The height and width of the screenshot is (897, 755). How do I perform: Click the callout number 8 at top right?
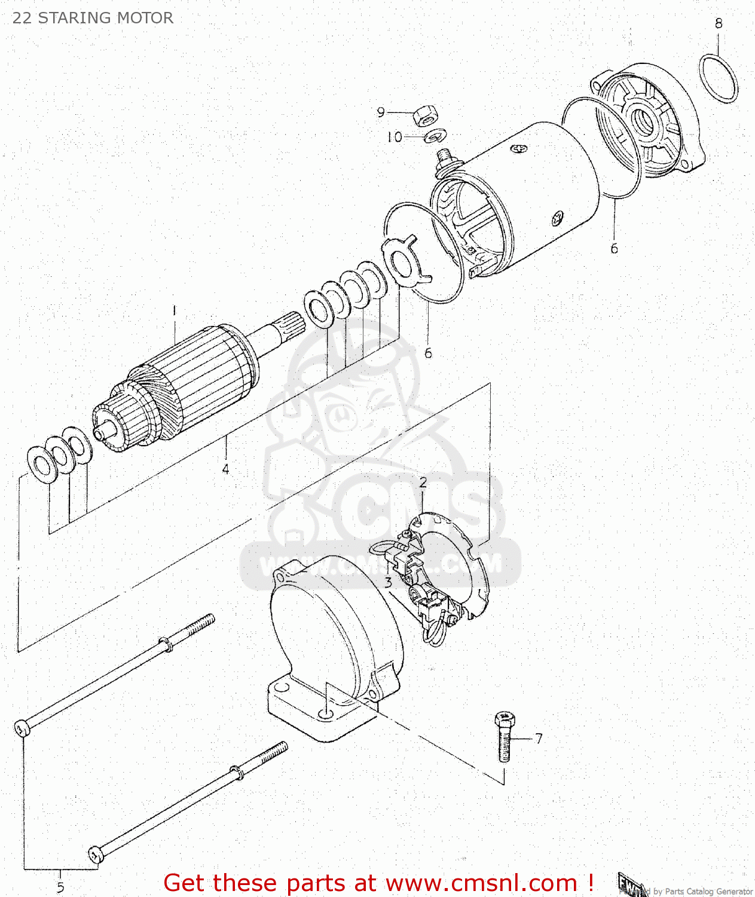tap(718, 23)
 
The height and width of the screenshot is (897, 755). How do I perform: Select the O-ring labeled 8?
tap(718, 78)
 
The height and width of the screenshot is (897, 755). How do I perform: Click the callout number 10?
tap(394, 137)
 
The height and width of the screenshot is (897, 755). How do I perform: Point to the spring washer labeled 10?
tap(435, 137)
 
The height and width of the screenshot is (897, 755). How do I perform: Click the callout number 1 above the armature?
tap(174, 311)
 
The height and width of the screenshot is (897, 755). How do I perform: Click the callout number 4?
tap(225, 469)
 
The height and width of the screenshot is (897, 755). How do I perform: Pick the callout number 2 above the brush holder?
tap(423, 483)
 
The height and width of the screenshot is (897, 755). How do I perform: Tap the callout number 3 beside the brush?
tap(388, 582)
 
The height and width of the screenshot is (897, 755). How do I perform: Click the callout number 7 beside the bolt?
tap(539, 739)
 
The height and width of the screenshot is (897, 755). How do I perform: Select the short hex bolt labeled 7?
tap(505, 737)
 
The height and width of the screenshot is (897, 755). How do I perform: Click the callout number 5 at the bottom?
tap(60, 887)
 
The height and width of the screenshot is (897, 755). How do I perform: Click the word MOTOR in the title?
tap(144, 18)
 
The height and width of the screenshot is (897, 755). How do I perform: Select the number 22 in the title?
tap(22, 18)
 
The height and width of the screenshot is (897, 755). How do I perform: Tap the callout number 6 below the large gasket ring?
tap(614, 248)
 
